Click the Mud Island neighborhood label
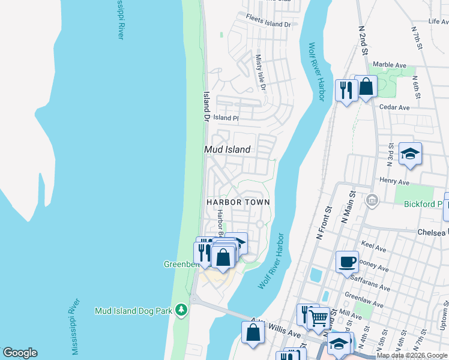[227, 149]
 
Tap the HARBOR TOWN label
[238, 202]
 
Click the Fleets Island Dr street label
[268, 24]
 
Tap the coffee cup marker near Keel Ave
[347, 262]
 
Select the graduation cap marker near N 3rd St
[410, 154]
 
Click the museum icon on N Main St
[372, 200]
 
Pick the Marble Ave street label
[390, 65]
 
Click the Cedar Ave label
[394, 107]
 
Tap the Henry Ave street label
[394, 181]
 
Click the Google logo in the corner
[20, 353]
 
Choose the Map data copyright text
[412, 356]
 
